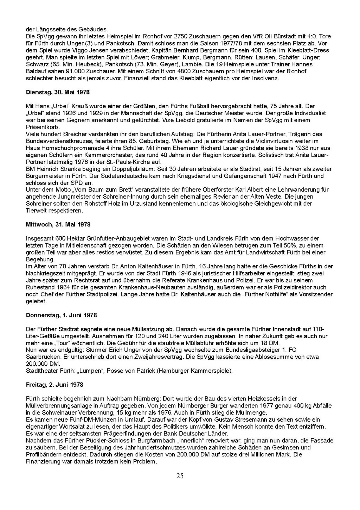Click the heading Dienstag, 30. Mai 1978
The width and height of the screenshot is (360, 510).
pyautogui.click(x=58, y=92)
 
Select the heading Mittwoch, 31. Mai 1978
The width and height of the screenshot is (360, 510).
pyautogui.click(x=58, y=224)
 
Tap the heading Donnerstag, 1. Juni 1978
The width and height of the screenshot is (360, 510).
pyautogui.click(x=61, y=315)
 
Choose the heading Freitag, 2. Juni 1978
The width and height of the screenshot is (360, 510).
pyautogui.click(x=54, y=385)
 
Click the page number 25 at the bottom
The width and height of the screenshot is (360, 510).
pyautogui.click(x=180, y=476)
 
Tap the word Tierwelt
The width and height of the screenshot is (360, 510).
pyautogui.click(x=37, y=211)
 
